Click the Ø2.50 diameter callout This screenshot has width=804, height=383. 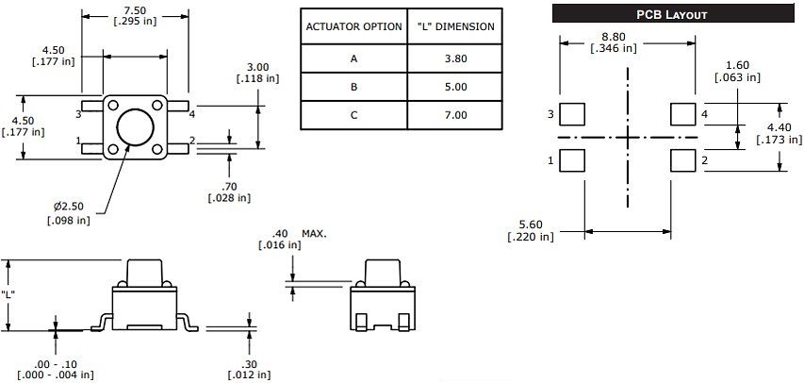tap(70, 206)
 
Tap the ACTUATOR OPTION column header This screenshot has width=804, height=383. tap(353, 25)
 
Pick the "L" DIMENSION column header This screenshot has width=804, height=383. tap(455, 25)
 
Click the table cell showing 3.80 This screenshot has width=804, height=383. tap(455, 58)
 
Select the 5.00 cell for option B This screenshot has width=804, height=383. tap(455, 87)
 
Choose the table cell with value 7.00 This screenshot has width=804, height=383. tap(455, 115)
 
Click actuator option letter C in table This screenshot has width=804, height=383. tap(353, 115)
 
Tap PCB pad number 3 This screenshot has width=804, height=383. tap(570, 114)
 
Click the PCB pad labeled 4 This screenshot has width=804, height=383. tap(681, 114)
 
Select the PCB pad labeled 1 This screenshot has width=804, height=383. tap(570, 160)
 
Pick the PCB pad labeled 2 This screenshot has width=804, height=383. tap(681, 160)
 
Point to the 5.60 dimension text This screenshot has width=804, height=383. tap(532, 224)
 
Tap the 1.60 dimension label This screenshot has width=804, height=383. tap(737, 65)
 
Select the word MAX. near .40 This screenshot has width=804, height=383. tap(314, 232)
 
